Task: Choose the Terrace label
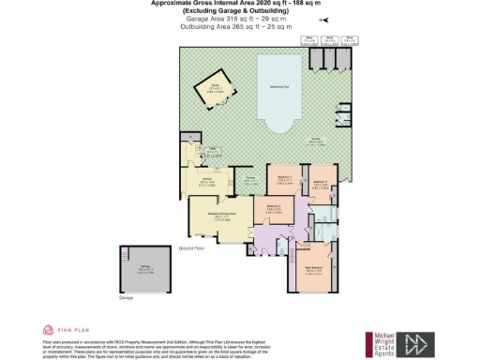coord(251,181)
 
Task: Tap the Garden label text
coord(311,142)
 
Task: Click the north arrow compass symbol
coord(324,18)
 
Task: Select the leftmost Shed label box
coord(307,40)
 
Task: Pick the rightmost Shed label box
coord(349,40)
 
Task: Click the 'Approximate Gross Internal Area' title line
coord(240,3)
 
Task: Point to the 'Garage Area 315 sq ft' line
coord(240,18)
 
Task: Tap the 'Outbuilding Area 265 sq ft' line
coord(240,26)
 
